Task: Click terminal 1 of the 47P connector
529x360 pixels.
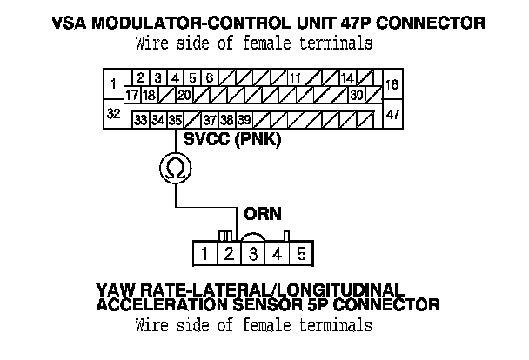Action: pos(113,84)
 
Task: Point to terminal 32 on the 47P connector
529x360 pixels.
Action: pos(113,114)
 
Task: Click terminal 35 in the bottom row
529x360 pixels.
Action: pos(175,119)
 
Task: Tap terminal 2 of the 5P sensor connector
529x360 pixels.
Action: pos(228,255)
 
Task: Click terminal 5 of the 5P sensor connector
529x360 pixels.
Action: pos(300,255)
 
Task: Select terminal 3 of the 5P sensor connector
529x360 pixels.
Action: pos(252,255)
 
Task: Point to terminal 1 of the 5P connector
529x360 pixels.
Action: pos(204,255)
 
